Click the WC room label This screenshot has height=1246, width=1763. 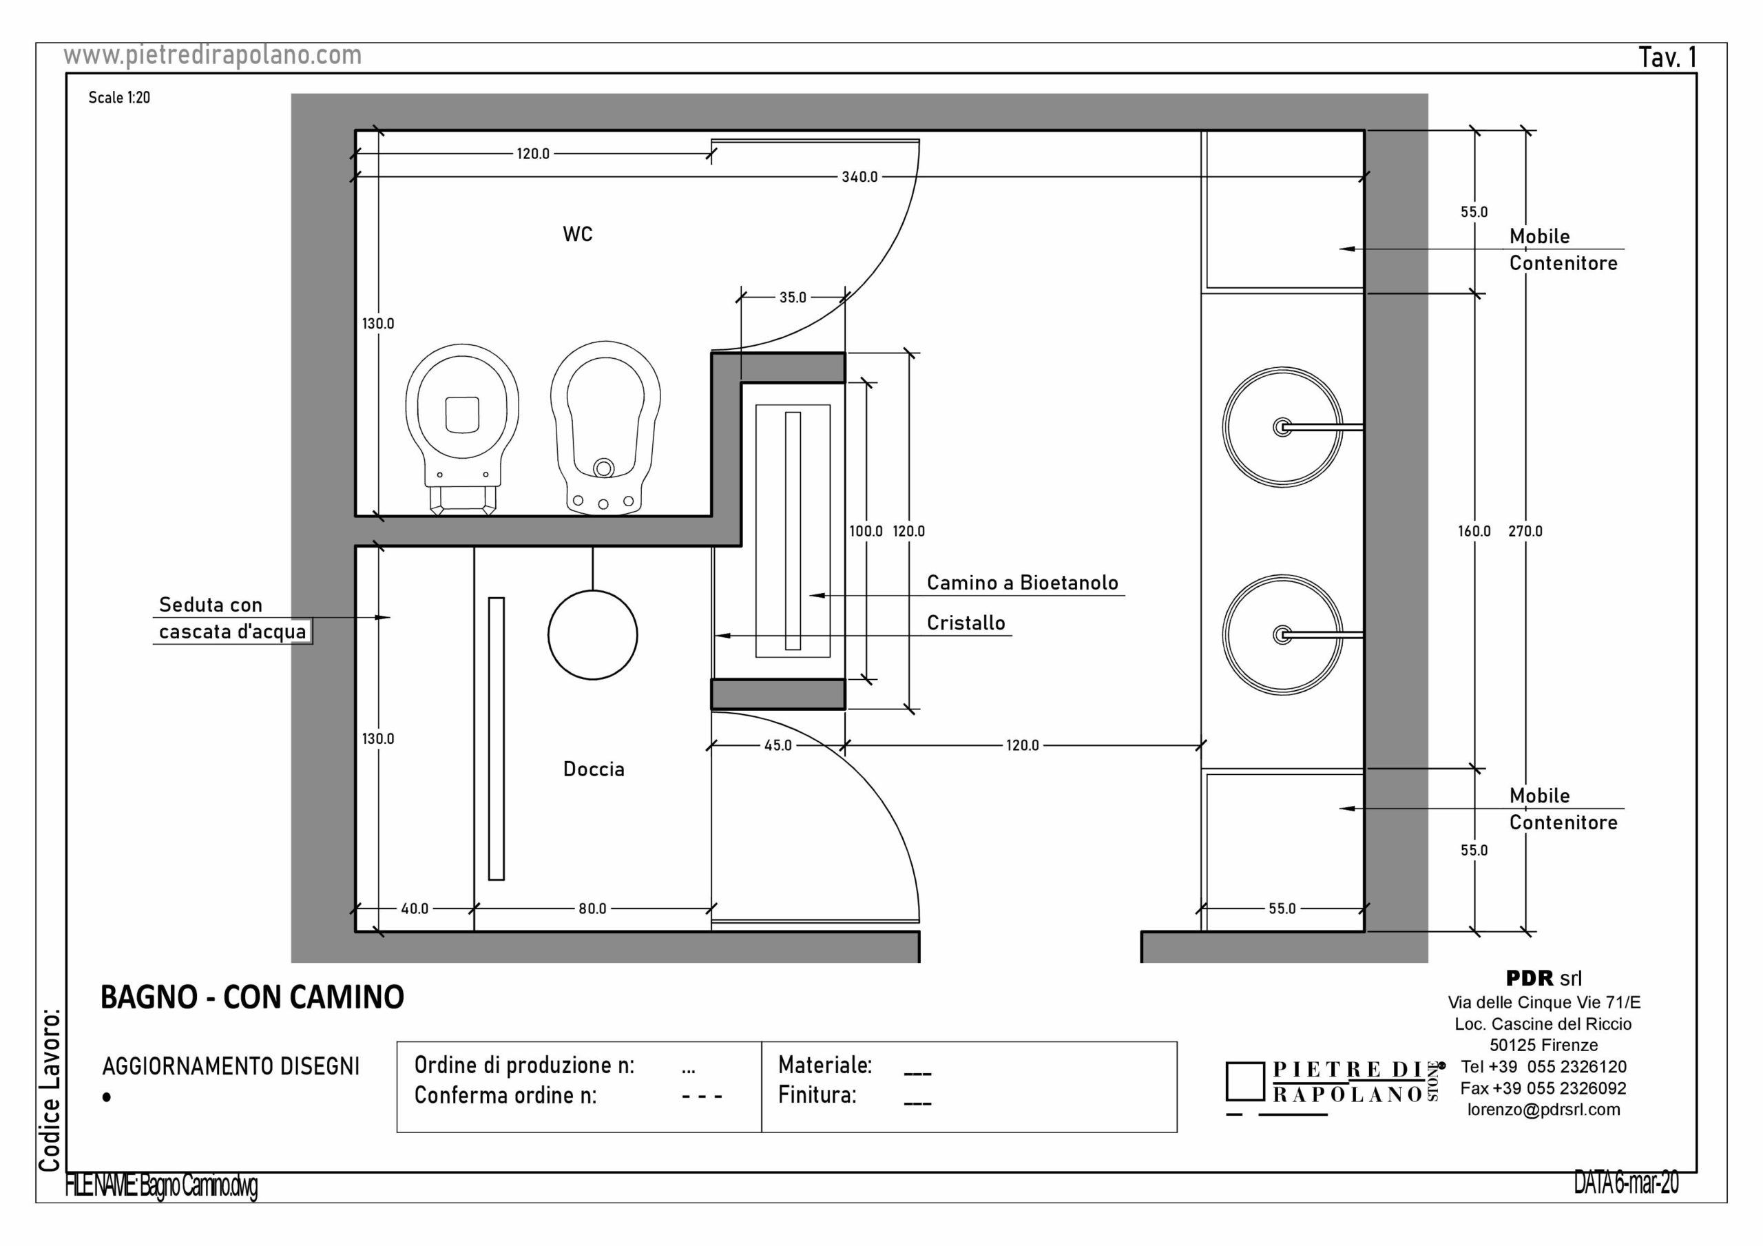coord(577,234)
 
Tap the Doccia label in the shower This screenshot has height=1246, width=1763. coord(594,769)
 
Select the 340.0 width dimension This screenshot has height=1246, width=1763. coord(859,177)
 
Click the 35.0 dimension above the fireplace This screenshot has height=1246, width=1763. coord(793,298)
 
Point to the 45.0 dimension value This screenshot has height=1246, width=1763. coord(777,745)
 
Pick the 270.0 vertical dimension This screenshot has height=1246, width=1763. coord(1525,531)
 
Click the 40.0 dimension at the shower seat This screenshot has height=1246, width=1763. coord(415,908)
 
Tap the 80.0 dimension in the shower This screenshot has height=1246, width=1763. coord(592,908)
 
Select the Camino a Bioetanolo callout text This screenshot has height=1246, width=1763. coord(1022,583)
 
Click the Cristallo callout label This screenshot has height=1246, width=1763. coord(966,623)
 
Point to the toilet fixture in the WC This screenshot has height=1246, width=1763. coord(462,427)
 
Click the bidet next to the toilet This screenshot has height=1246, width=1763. coord(605,427)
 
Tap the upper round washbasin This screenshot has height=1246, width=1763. coord(1282,427)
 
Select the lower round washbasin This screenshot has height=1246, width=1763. coord(1282,634)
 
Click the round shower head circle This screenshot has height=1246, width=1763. coord(593,634)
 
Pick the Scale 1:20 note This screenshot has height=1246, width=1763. coord(119,98)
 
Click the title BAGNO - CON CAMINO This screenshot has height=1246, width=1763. coord(252,997)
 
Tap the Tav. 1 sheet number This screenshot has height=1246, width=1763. coord(1668,57)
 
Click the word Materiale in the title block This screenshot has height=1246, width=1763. coord(824,1065)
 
